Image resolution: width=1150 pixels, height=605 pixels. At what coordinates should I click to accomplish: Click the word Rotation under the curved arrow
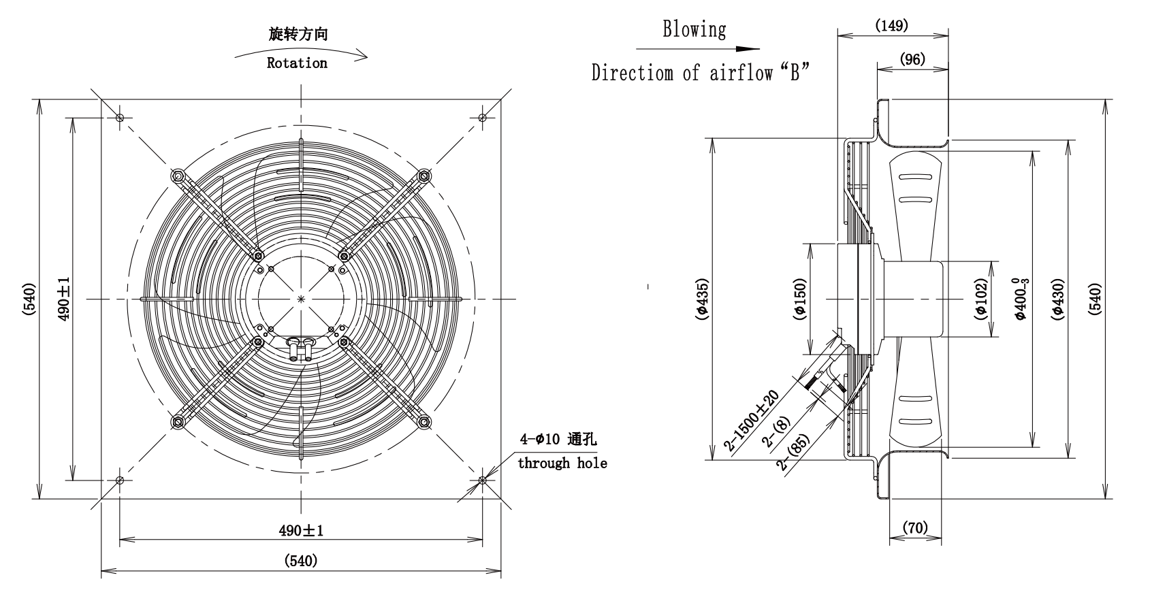point(297,63)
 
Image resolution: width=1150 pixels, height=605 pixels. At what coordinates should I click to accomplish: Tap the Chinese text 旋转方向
point(298,34)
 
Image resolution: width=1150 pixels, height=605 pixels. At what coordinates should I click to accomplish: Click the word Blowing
point(694,29)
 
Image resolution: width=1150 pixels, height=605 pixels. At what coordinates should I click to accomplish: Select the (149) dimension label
point(892,25)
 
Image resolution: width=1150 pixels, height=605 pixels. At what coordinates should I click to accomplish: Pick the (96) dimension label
point(912,59)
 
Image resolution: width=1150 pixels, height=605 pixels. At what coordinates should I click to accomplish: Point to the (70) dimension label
point(915,527)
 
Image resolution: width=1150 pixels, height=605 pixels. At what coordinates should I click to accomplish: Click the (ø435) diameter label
point(702,299)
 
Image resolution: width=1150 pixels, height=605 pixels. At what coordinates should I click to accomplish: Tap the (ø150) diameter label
point(800,299)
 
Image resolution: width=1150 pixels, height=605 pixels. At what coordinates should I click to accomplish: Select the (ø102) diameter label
point(980,299)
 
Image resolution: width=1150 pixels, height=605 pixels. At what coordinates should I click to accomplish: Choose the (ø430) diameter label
point(1058,299)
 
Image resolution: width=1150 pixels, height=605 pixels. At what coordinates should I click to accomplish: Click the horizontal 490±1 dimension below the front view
point(302,530)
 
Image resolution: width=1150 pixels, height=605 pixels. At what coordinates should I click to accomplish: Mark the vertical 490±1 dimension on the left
point(63,299)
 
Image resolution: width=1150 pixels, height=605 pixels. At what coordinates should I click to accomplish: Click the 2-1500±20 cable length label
point(752,421)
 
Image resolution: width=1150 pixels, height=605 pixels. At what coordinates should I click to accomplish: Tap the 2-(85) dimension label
point(793,453)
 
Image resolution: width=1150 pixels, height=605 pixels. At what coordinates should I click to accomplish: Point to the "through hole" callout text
point(562,463)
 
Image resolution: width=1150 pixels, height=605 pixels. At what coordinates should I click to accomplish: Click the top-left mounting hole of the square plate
point(120,118)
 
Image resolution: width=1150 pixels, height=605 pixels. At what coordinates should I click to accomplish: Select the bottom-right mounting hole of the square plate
point(483,480)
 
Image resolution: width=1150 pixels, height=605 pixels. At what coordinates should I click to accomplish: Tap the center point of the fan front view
point(302,299)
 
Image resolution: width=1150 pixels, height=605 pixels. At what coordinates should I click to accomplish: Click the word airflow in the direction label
point(741,73)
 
